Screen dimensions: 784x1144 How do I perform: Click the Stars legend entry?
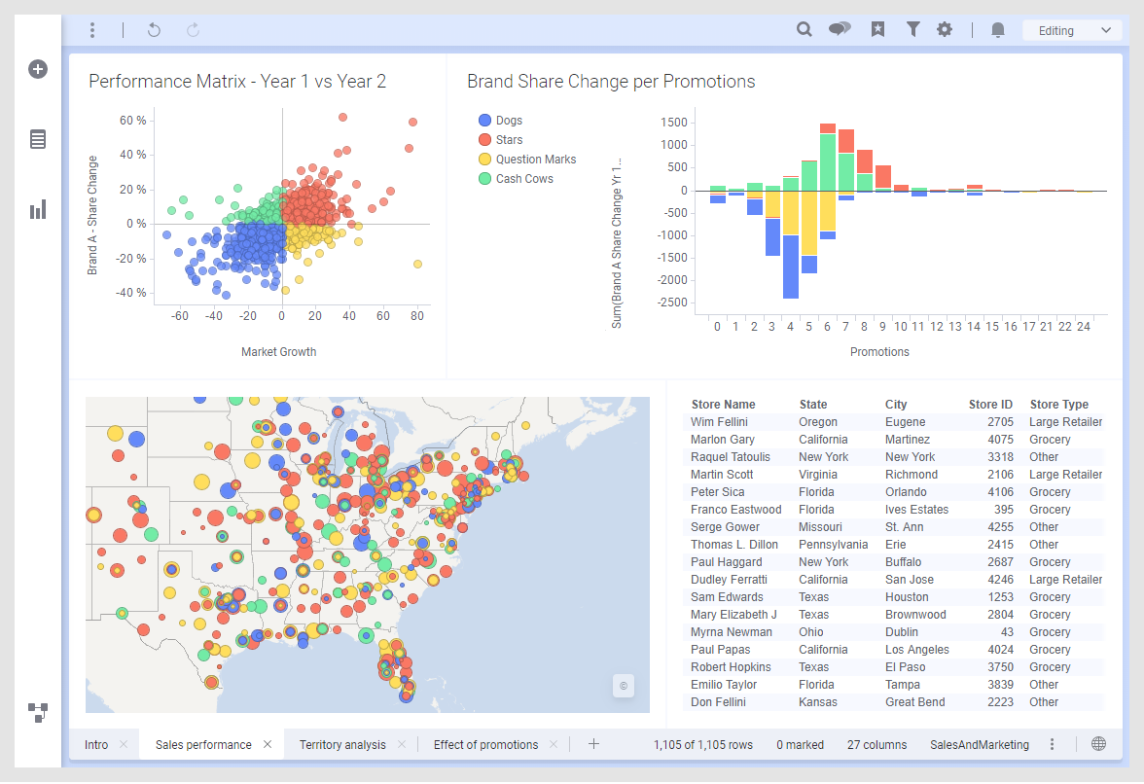pyautogui.click(x=509, y=140)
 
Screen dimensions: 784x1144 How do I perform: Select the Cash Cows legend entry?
pyautogui.click(x=523, y=179)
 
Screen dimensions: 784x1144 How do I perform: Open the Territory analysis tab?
pyautogui.click(x=342, y=745)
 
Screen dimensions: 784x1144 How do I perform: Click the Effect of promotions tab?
pyautogui.click(x=485, y=745)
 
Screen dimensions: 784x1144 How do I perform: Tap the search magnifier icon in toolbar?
pyautogui.click(x=804, y=30)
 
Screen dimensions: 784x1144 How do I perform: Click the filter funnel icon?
pyautogui.click(x=912, y=30)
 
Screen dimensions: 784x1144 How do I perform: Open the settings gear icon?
pyautogui.click(x=945, y=30)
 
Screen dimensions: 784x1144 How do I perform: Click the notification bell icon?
pyautogui.click(x=997, y=30)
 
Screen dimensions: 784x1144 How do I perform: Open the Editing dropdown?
pyautogui.click(x=1072, y=30)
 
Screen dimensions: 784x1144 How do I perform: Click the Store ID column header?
pyautogui.click(x=990, y=405)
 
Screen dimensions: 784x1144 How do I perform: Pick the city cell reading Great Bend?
pyautogui.click(x=914, y=702)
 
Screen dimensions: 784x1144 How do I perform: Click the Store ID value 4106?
pyautogui.click(x=1000, y=492)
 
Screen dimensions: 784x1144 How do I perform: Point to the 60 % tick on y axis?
pyautogui.click(x=133, y=121)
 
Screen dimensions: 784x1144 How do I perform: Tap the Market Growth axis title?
pyautogui.click(x=278, y=352)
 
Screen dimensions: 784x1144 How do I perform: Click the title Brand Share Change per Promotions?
pyautogui.click(x=611, y=82)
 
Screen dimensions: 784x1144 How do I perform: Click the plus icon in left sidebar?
pyautogui.click(x=38, y=69)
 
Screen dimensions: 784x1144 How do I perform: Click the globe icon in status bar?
pyautogui.click(x=1098, y=744)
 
